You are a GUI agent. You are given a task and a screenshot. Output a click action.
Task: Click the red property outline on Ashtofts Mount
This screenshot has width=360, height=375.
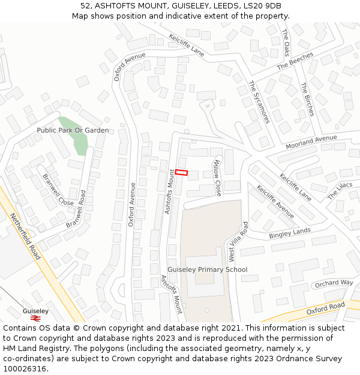pyautogui.click(x=181, y=172)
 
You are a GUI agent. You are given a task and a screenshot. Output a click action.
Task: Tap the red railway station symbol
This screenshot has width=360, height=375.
pyautogui.click(x=35, y=318)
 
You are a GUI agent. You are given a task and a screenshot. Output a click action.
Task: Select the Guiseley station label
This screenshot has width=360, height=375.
pyautogui.click(x=35, y=311)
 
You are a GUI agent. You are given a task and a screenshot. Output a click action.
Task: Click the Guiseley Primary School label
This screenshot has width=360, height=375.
pyautogui.click(x=207, y=269)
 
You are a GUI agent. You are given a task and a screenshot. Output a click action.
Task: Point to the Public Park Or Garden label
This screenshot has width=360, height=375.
pyautogui.click(x=73, y=130)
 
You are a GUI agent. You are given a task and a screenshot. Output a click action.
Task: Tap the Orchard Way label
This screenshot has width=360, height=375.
pyautogui.click(x=334, y=283)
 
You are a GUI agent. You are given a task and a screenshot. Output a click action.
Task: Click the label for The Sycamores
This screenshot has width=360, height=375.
pyautogui.click(x=259, y=102)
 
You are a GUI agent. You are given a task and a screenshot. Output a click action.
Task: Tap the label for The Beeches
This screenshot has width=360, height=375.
pyautogui.click(x=295, y=61)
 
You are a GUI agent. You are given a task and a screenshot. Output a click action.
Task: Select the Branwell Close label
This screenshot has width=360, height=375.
pyautogui.click(x=58, y=190)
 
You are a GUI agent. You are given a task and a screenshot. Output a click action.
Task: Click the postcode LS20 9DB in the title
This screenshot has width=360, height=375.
pyautogui.click(x=260, y=6)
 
